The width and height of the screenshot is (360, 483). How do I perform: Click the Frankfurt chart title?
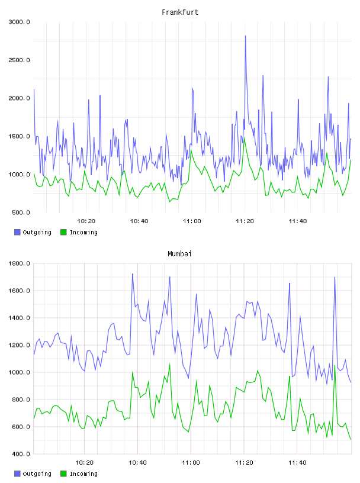pos(180,12)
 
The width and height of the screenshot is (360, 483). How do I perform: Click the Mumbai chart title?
pos(179,254)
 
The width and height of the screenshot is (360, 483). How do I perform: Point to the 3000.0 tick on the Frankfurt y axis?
pos(20,22)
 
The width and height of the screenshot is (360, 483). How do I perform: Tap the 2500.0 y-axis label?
pos(20,60)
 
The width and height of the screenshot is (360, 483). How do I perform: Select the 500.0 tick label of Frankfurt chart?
pos(21,212)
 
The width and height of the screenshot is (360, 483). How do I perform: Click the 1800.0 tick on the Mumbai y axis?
pos(20,263)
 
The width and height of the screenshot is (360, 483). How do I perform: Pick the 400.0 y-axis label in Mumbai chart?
pos(21,454)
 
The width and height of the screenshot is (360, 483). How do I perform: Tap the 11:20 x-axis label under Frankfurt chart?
pos(245,221)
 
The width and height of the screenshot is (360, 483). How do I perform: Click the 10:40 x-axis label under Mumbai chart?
pos(137,463)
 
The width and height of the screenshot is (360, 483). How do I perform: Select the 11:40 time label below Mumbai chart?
pos(297,463)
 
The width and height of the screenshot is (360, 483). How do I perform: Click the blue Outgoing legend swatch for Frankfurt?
pos(17,232)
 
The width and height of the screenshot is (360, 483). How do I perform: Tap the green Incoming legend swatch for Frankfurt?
pos(63,232)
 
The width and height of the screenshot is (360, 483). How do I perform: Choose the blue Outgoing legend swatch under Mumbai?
pos(17,474)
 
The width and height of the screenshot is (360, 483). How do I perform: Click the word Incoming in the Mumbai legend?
pos(83,474)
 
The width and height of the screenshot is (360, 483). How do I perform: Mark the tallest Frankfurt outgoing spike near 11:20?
pos(245,36)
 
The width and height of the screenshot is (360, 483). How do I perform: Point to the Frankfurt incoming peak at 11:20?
pos(244,138)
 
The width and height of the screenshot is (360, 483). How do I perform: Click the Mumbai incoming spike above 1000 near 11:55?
pos(335,366)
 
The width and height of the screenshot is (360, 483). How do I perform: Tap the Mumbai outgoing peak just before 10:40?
pos(133,274)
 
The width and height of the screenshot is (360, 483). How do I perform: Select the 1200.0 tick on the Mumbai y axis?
pos(20,345)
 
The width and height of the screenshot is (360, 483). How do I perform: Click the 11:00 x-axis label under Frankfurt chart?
pos(192,221)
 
